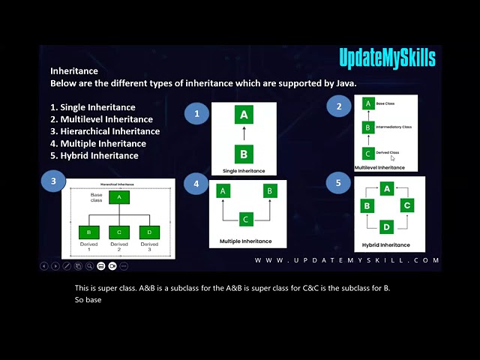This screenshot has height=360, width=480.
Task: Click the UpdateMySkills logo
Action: pos(386,58)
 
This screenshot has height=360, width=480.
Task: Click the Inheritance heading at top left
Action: pos(74,71)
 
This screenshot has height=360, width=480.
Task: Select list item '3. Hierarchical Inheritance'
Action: pos(105,131)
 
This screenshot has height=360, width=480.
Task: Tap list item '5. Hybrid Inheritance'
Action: pos(94,155)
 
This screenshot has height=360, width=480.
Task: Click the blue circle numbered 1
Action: pos(196,114)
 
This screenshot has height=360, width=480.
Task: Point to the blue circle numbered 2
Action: pos(339,106)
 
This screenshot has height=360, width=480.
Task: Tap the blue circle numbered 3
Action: pos(53,181)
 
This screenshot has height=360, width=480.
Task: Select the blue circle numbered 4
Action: pos(196,184)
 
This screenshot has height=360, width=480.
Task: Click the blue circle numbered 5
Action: pos(338,182)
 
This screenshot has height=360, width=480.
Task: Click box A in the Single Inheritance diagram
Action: pos(243,115)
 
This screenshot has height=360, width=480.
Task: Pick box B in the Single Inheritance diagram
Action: pos(243,154)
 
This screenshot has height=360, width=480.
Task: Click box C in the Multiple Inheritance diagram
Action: pos(245,219)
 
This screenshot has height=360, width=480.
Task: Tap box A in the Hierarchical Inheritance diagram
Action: pos(118,197)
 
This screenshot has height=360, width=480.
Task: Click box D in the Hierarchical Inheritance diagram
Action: pos(149,232)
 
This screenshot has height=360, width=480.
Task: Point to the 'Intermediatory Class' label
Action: pos(396,127)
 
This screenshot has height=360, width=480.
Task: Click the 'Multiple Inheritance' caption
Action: pos(245,241)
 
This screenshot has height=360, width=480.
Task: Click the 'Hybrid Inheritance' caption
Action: pos(385,245)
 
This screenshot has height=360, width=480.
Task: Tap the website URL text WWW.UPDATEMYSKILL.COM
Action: pos(346,260)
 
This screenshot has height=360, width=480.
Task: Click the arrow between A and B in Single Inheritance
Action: pos(243,134)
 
